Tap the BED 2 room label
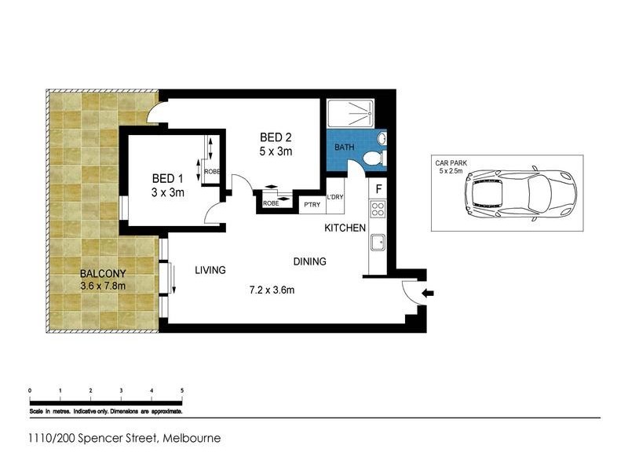click(x=276, y=137)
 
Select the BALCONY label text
click(x=103, y=273)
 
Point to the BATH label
click(x=345, y=148)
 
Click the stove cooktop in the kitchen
click(x=377, y=210)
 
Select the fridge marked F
click(x=378, y=189)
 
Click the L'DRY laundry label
click(x=335, y=197)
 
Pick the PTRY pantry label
click(x=312, y=203)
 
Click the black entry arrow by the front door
click(x=427, y=294)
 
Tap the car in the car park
click(x=520, y=193)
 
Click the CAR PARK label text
click(x=451, y=163)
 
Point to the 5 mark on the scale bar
click(x=182, y=390)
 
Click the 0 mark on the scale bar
click(x=29, y=390)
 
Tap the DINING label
click(x=310, y=262)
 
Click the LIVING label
click(x=210, y=270)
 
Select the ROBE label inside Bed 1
click(x=212, y=172)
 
